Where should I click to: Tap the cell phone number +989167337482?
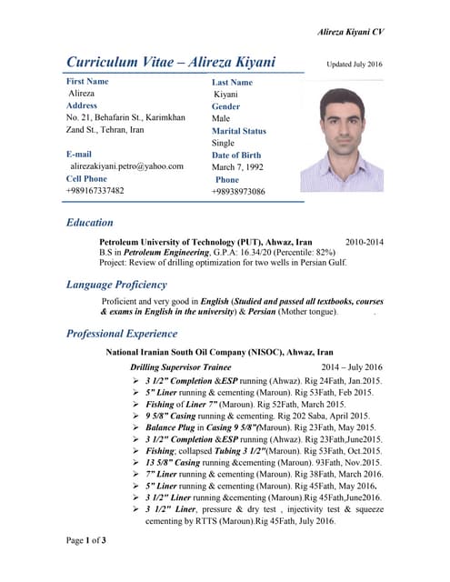[x=95, y=191]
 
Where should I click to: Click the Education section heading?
[x=90, y=222]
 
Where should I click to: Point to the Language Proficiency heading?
[x=116, y=285]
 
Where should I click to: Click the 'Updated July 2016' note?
[x=355, y=65]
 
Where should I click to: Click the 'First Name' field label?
[x=91, y=82]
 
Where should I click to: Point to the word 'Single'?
[x=223, y=143]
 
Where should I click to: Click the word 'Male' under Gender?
[x=221, y=118]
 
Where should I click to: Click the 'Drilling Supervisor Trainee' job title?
[x=181, y=366]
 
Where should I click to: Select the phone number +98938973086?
[x=239, y=192]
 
